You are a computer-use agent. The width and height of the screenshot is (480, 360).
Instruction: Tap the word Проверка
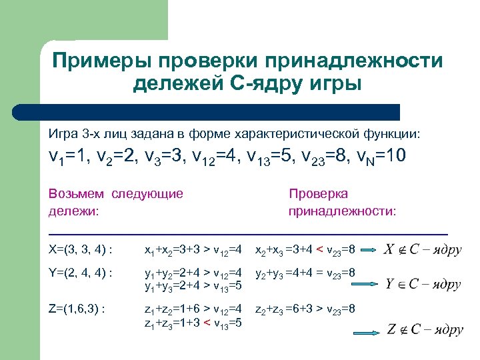tap(318, 194)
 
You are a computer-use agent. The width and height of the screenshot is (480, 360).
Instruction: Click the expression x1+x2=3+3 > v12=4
tap(197, 251)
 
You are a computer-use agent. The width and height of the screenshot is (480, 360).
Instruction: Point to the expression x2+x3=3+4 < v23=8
tap(307, 251)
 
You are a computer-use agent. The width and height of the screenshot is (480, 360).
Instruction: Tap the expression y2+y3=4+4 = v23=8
tap(307, 273)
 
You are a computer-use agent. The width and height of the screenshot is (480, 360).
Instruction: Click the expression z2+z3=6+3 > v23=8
tap(307, 309)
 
